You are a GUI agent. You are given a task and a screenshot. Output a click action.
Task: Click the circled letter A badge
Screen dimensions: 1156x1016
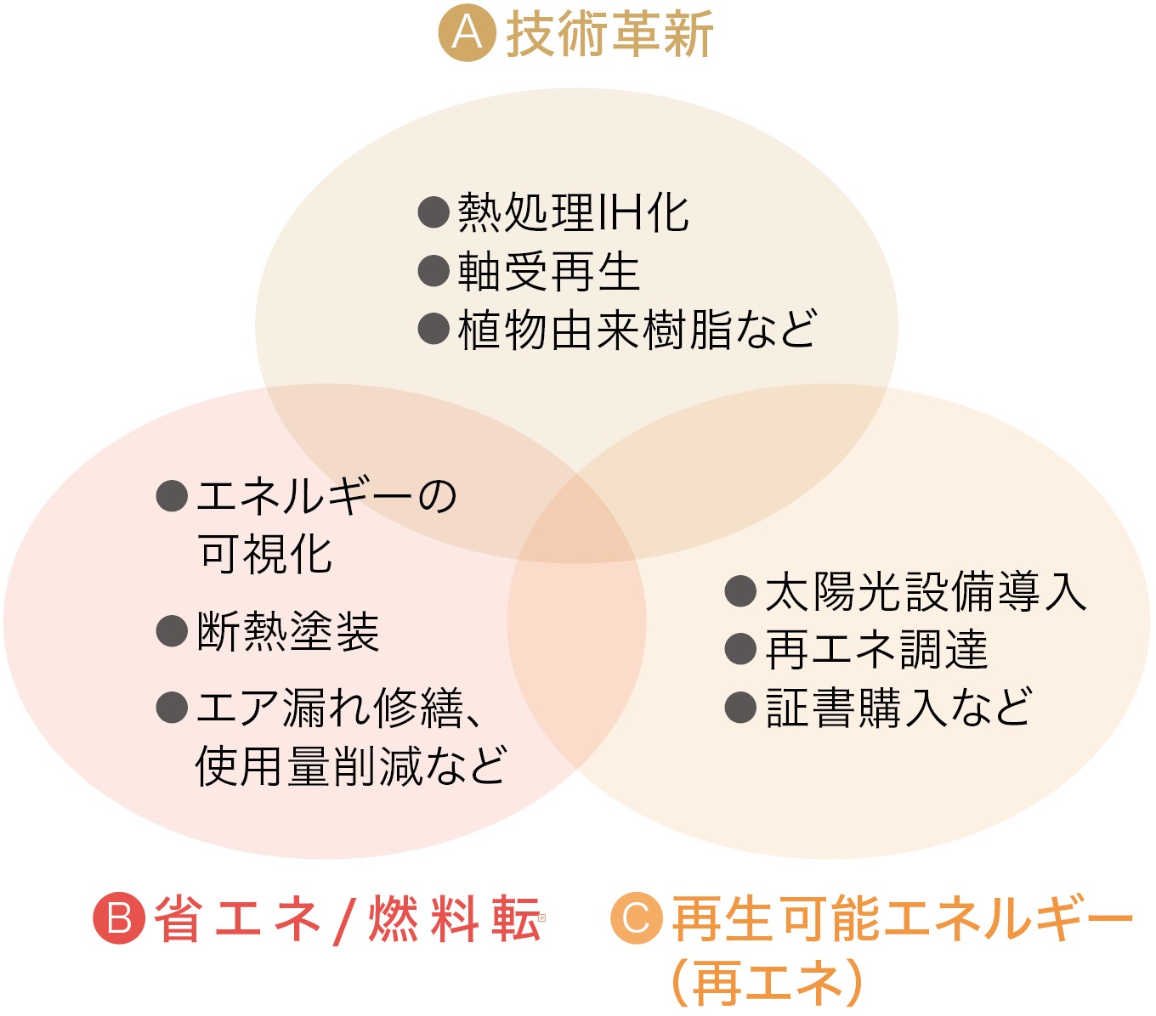[x=467, y=33]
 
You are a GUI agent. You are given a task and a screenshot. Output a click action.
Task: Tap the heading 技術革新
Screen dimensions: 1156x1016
[x=610, y=34]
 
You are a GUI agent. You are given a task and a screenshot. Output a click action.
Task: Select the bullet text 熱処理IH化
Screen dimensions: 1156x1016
[x=574, y=212]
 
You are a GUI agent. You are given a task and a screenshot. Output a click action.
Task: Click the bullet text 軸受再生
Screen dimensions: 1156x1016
[x=549, y=271]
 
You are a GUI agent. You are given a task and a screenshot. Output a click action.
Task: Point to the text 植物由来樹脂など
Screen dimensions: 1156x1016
[x=637, y=330]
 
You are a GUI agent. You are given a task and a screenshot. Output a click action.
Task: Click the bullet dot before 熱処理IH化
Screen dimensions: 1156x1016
[x=433, y=212]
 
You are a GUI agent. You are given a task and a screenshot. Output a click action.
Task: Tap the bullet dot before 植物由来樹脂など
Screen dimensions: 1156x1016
[x=433, y=329]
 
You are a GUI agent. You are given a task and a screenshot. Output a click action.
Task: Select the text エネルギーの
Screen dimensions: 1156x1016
[x=327, y=497]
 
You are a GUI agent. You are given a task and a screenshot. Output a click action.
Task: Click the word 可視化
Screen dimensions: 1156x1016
[x=264, y=554]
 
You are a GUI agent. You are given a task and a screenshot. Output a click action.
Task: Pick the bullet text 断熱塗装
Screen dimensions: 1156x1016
[x=288, y=631]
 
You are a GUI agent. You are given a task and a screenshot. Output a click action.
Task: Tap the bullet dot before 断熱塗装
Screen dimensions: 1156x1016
[x=172, y=631]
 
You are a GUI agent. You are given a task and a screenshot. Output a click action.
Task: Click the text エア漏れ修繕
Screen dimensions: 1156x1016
[x=330, y=708]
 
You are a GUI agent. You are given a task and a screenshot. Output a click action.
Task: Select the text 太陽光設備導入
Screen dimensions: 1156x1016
[x=926, y=591]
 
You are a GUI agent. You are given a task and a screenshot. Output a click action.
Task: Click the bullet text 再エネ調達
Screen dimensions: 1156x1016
[x=876, y=649]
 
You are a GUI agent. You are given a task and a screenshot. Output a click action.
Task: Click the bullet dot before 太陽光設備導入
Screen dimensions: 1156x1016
[x=740, y=590]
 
